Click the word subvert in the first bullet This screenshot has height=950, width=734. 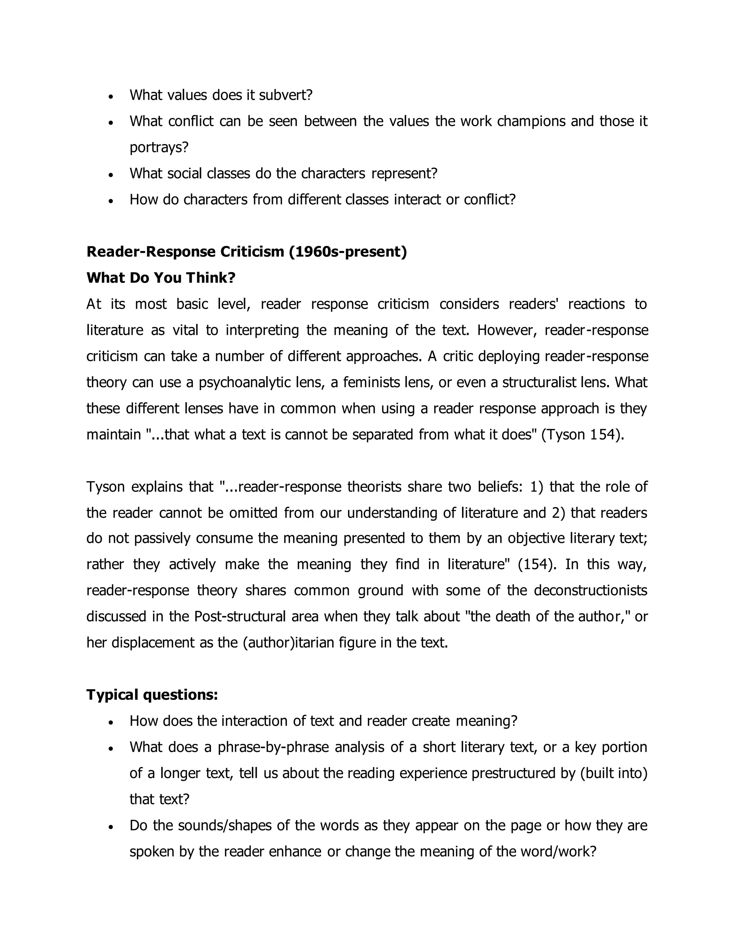[x=285, y=95]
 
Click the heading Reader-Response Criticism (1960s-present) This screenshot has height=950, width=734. [x=247, y=252]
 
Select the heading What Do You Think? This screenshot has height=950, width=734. [x=161, y=278]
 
